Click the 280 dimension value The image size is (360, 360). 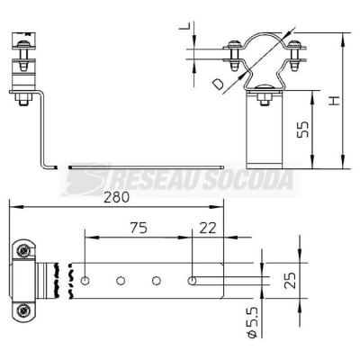[117, 197]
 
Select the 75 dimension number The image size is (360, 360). [139, 228]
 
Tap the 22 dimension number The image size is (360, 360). [208, 228]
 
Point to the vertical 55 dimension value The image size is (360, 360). [302, 130]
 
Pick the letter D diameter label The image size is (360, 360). [217, 84]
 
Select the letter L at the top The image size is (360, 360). [184, 26]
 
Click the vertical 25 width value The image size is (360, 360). [291, 280]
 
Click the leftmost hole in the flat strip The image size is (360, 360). [85, 281]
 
